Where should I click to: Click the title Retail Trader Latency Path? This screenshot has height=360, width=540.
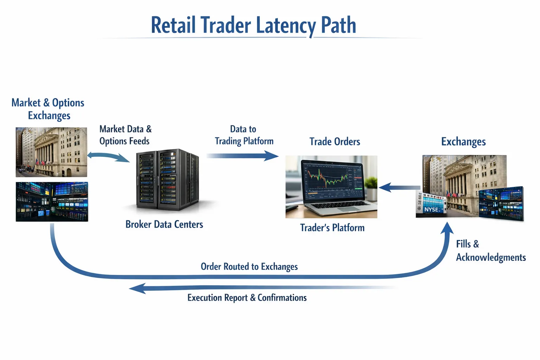pos(253,25)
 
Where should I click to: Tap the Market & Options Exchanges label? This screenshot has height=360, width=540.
pos(48,109)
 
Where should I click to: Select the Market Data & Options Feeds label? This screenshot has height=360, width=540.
pos(125,135)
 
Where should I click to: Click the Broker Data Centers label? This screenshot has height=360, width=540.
pos(164,224)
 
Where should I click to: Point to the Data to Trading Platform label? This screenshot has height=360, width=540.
pos(244,135)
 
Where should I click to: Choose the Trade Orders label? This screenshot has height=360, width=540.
pos(335,142)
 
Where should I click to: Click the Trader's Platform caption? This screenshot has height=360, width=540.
pos(332,228)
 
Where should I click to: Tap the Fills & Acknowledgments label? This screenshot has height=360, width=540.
pos(490,251)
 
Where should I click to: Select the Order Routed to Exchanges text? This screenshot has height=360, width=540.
pos(249,266)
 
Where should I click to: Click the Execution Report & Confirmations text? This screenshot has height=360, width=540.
pos(247,298)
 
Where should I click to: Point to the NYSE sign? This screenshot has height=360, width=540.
pos(431,210)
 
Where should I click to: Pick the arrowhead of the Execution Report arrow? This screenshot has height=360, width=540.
pos(137,288)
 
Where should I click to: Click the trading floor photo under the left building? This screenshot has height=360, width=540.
pos(52,202)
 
